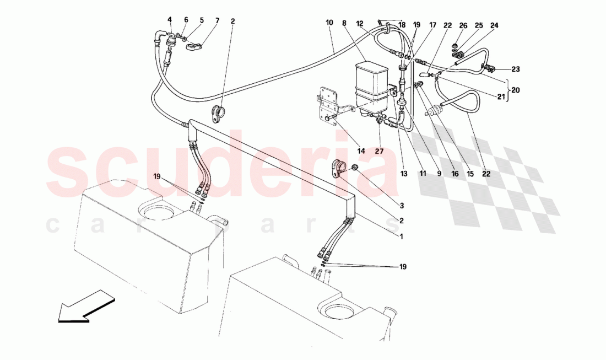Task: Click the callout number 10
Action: pos(329,23)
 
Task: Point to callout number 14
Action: pos(361,151)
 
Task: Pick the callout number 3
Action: pos(402,206)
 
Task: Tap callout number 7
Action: pos(217,21)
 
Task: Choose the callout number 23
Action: pos(515,69)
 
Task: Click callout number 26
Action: pos(463,25)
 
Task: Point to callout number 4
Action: pos(170,21)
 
